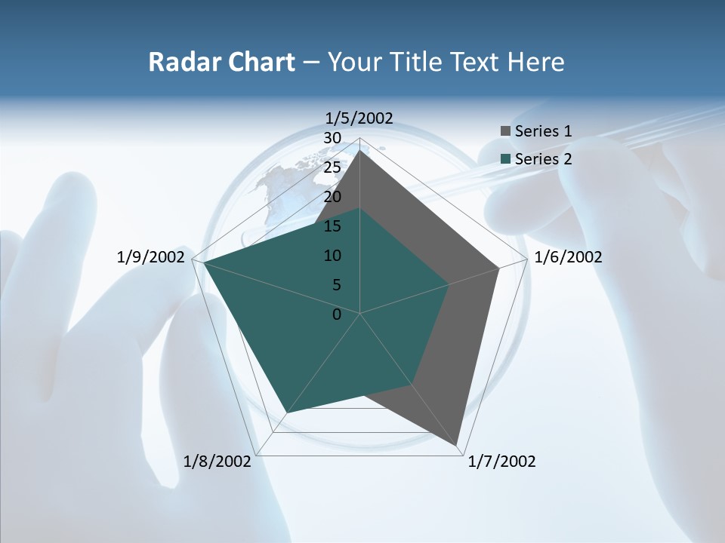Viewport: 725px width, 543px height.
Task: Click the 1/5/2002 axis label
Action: pyautogui.click(x=359, y=118)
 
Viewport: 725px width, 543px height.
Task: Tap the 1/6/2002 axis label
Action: pyautogui.click(x=568, y=257)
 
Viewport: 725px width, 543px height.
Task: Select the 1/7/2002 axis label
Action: pyautogui.click(x=501, y=462)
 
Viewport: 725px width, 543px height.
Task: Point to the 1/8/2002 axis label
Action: pyautogui.click(x=217, y=462)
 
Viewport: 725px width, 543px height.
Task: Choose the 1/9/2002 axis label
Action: pyautogui.click(x=151, y=257)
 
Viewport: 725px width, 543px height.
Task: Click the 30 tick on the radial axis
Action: pyautogui.click(x=332, y=138)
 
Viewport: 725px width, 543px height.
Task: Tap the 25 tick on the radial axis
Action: pyautogui.click(x=332, y=167)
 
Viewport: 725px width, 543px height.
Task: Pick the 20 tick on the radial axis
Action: pyautogui.click(x=332, y=197)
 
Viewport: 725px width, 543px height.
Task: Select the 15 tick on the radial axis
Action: pyautogui.click(x=332, y=226)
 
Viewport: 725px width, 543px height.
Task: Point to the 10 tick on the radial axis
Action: pyautogui.click(x=332, y=256)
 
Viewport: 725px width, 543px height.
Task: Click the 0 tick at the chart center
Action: pyautogui.click(x=337, y=314)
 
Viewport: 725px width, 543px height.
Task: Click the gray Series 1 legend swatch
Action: pyautogui.click(x=505, y=131)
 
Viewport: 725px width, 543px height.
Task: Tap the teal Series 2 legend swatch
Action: pyautogui.click(x=505, y=159)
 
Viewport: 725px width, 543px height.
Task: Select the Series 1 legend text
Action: pyautogui.click(x=543, y=131)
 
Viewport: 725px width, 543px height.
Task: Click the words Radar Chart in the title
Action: pyautogui.click(x=221, y=62)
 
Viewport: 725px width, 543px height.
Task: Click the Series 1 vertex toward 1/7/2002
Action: pyautogui.click(x=457, y=446)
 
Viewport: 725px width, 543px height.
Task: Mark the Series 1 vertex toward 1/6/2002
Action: pyautogui.click(x=498, y=268)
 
